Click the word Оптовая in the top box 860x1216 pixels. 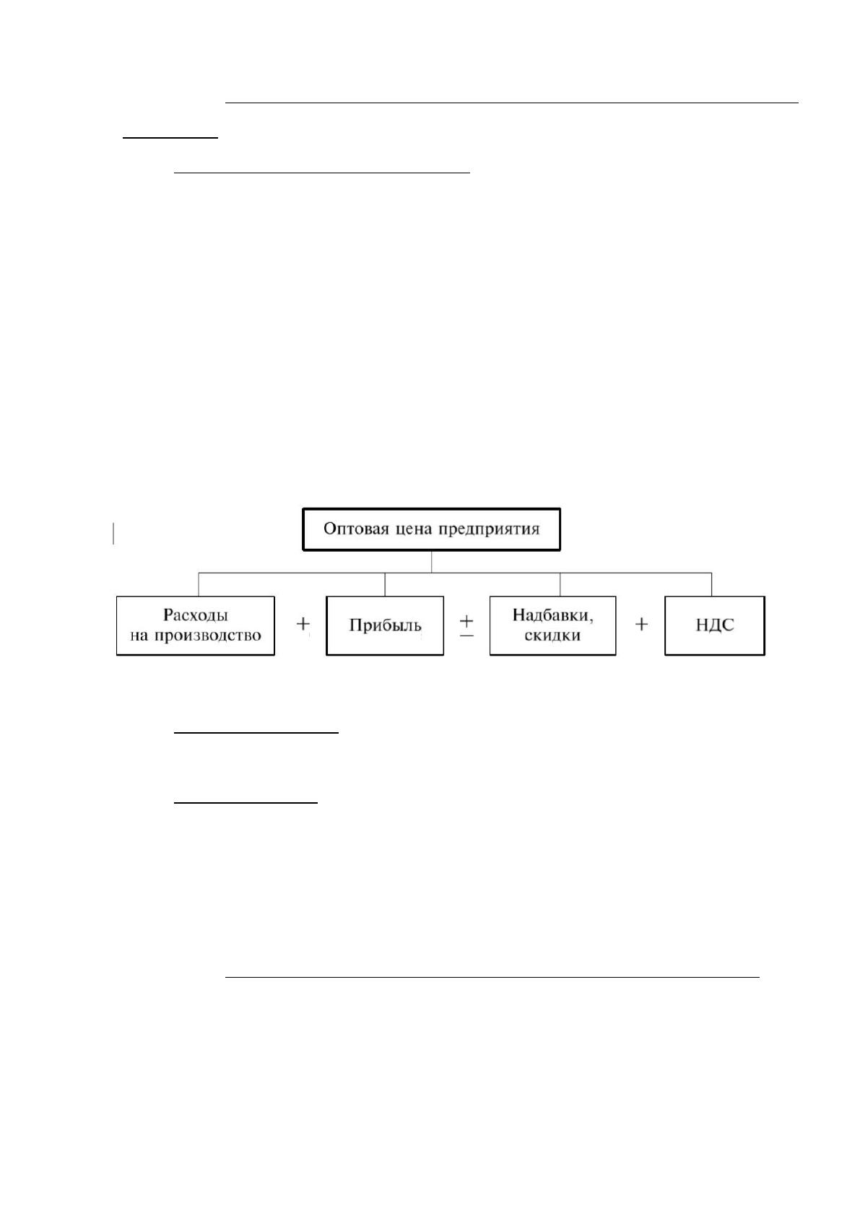coord(355,529)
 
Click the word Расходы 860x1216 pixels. coord(196,616)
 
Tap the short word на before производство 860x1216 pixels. coord(139,635)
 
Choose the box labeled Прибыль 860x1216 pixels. coord(385,625)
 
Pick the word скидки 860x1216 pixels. coord(552,635)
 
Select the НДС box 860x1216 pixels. coord(714,625)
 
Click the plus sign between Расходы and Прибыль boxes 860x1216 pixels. coord(303,625)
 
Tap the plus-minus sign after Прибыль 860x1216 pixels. coord(467,626)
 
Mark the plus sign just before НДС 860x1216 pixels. coord(641,625)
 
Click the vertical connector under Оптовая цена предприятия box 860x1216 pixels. coord(432,562)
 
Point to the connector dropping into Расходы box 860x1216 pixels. coord(198,585)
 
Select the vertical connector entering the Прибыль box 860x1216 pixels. coord(385,585)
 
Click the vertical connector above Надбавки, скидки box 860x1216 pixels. coord(560,585)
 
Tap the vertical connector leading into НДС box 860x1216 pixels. coord(711,585)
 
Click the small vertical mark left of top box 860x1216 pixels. coord(113,533)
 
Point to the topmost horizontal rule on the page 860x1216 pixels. coord(511,102)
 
